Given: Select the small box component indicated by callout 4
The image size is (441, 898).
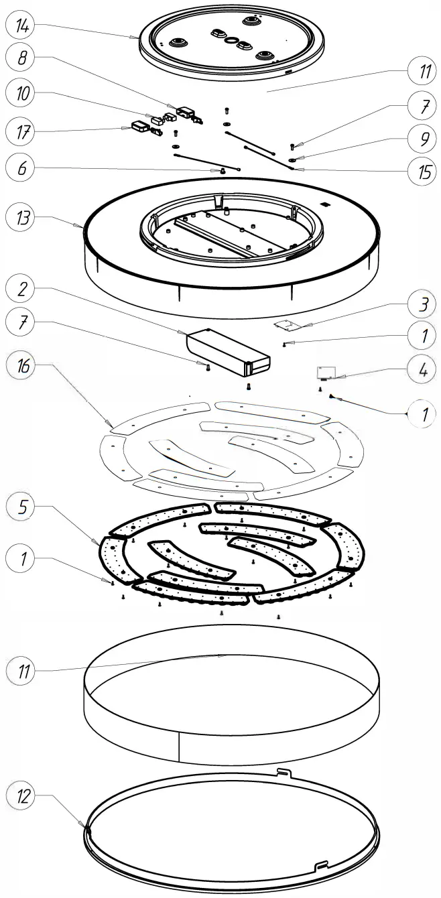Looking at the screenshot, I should click(327, 372).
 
